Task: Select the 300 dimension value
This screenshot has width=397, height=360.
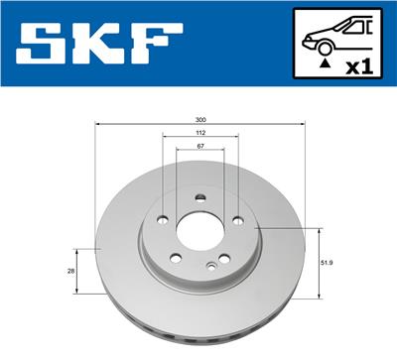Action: pyautogui.click(x=201, y=119)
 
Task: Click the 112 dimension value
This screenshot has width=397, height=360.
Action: pyautogui.click(x=200, y=132)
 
